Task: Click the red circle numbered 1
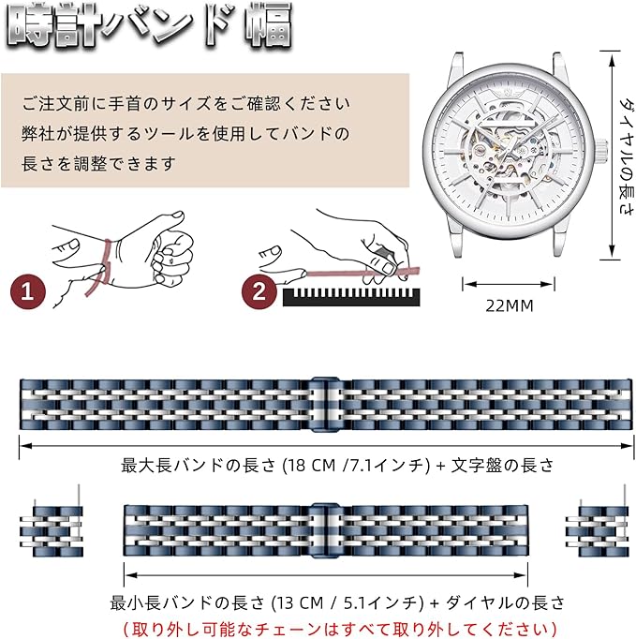30,290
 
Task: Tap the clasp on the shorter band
323,531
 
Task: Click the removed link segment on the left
50,531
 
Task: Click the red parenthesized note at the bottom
342,627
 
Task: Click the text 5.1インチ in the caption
387,602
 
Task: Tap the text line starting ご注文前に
186,103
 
